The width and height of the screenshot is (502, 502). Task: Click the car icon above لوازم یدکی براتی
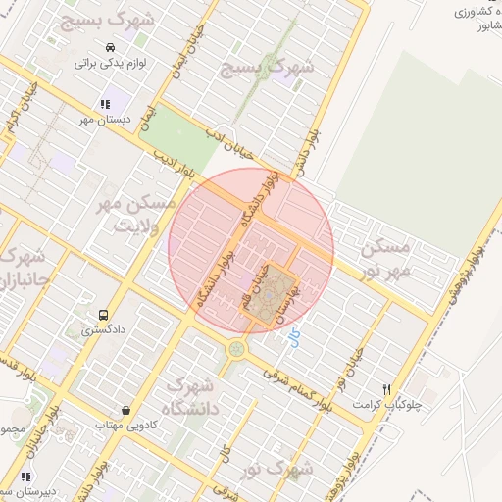[x=110, y=47]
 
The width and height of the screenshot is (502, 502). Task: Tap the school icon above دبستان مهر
[x=104, y=104]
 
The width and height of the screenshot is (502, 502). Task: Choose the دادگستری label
[x=102, y=330]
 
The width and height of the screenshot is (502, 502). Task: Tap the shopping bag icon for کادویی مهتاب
[x=125, y=410]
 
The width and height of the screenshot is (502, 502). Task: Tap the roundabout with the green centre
[x=236, y=349]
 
